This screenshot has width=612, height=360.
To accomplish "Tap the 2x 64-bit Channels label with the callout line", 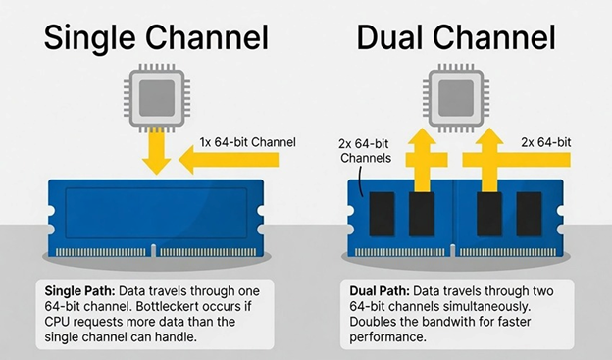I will (x=365, y=149).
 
